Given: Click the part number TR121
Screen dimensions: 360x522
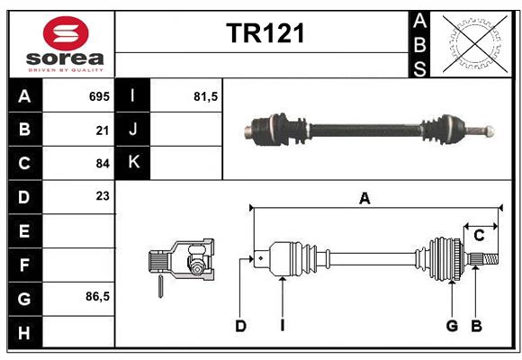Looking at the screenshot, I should point(265,34).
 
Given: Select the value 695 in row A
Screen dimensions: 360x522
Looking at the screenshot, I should point(98,96).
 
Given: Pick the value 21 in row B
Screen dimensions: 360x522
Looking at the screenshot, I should point(102,130).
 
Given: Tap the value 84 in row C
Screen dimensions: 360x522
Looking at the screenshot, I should point(102,164).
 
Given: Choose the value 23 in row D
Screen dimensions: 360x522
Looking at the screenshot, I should point(102,196).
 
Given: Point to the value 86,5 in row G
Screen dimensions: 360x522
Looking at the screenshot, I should point(97,296).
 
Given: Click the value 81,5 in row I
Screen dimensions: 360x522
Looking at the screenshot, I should point(206,96).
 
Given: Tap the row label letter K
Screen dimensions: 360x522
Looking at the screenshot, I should point(133,163).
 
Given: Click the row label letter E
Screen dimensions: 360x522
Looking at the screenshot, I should point(24,230).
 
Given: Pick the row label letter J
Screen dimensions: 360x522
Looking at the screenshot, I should point(133,130).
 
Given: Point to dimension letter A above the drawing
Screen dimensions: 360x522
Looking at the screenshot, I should point(364,199).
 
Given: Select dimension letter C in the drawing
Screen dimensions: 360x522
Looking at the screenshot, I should point(480,236).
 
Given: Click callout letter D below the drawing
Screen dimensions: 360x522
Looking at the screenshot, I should point(240,326).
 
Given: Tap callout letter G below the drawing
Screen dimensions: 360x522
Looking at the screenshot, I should point(452,326).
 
